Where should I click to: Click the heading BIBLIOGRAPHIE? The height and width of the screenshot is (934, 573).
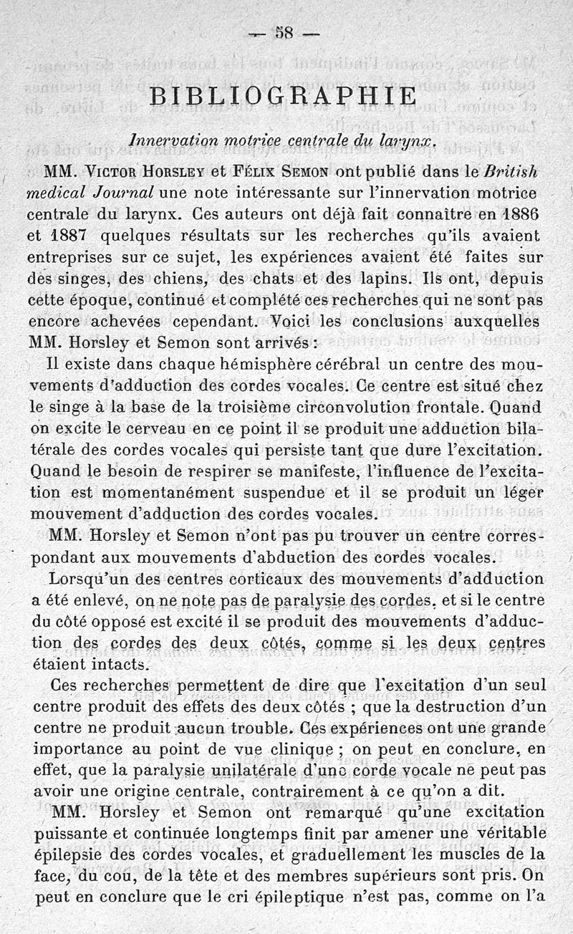pyautogui.click(x=283, y=95)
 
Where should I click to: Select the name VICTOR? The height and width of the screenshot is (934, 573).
pyautogui.click(x=112, y=173)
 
